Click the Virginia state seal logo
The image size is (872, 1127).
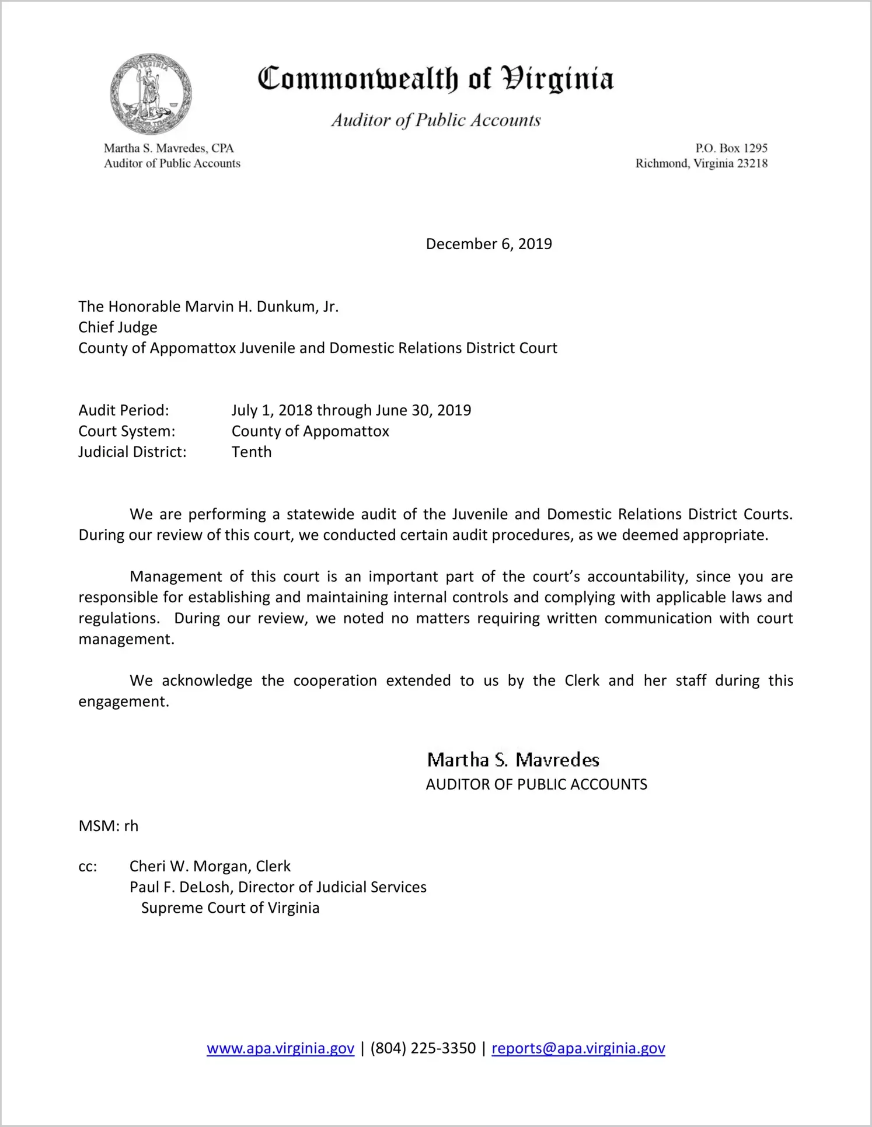151,94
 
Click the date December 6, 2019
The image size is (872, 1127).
489,244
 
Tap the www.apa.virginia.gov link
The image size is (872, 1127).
280,1048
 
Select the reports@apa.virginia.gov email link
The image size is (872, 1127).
578,1048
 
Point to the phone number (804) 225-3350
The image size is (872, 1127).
423,1048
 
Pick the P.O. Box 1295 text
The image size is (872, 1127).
731,148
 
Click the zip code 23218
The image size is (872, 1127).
752,163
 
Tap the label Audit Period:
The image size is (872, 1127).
124,410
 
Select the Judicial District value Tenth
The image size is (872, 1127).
252,452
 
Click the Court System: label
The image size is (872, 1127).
127,431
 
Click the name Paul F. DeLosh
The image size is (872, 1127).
179,887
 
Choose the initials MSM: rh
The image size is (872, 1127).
109,826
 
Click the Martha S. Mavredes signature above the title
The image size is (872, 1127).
513,760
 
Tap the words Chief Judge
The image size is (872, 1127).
118,327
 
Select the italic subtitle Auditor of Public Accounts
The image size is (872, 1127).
436,120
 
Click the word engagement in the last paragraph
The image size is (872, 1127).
124,702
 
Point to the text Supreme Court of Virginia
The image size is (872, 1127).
230,908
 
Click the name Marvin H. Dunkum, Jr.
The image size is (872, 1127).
261,306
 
